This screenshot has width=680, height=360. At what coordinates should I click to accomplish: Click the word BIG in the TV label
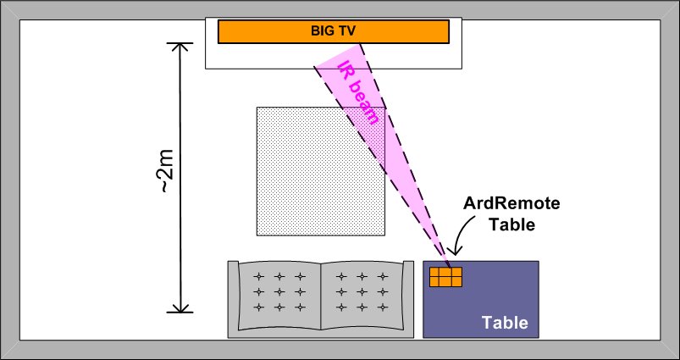coord(323,31)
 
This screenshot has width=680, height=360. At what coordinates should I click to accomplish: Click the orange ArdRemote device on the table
coord(445,278)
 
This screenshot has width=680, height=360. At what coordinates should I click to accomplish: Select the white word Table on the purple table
coord(505,323)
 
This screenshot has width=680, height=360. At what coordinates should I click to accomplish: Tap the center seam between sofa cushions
coord(321,296)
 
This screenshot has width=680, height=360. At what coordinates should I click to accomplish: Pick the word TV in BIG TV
coord(347,31)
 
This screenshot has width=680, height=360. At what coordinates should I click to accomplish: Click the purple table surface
coord(500,288)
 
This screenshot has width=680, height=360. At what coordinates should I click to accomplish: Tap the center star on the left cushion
coord(279,291)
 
